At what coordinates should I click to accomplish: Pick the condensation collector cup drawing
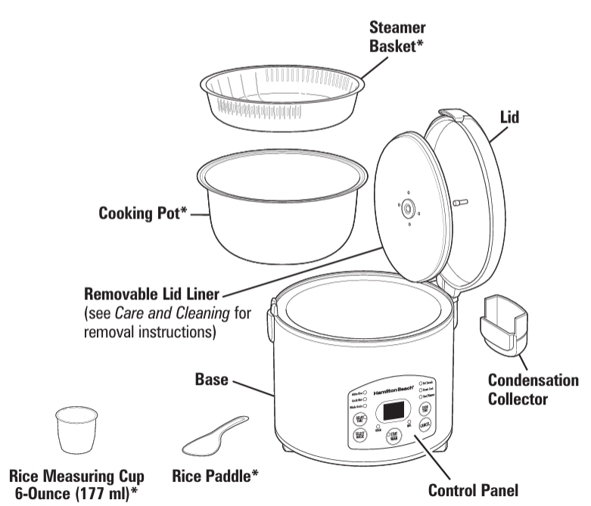tap(502, 324)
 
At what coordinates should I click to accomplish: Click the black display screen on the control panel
tap(393, 411)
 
